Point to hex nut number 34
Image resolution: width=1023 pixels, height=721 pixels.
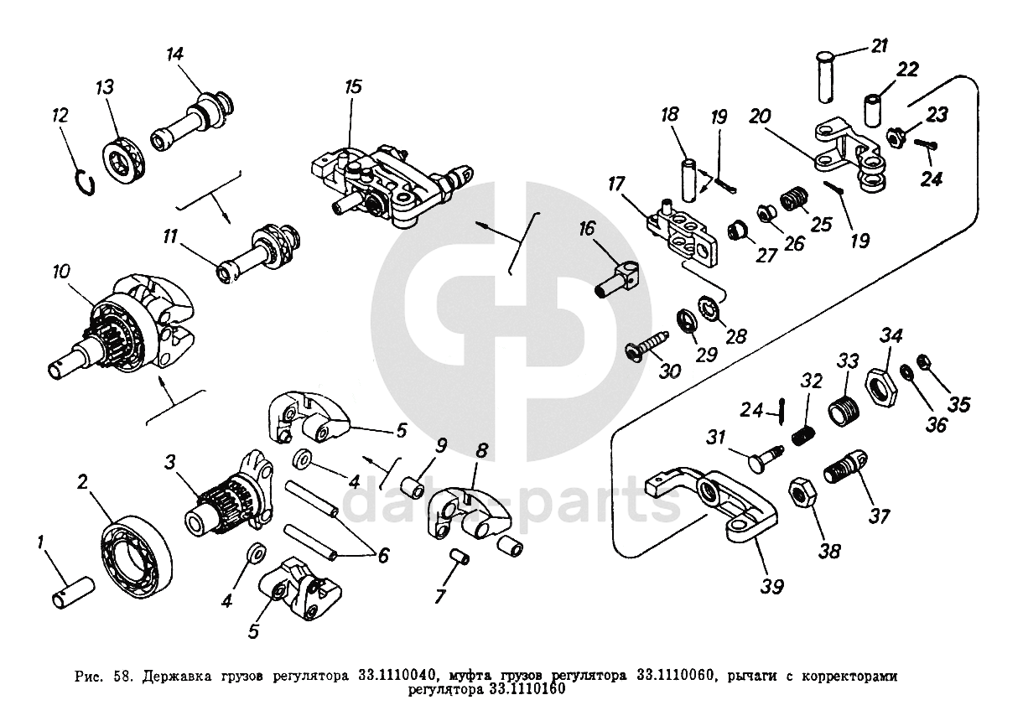tap(881, 382)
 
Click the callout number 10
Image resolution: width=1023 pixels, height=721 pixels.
tap(61, 272)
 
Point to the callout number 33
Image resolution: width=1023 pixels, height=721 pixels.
tap(849, 361)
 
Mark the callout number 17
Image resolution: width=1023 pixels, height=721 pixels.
tap(616, 181)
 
